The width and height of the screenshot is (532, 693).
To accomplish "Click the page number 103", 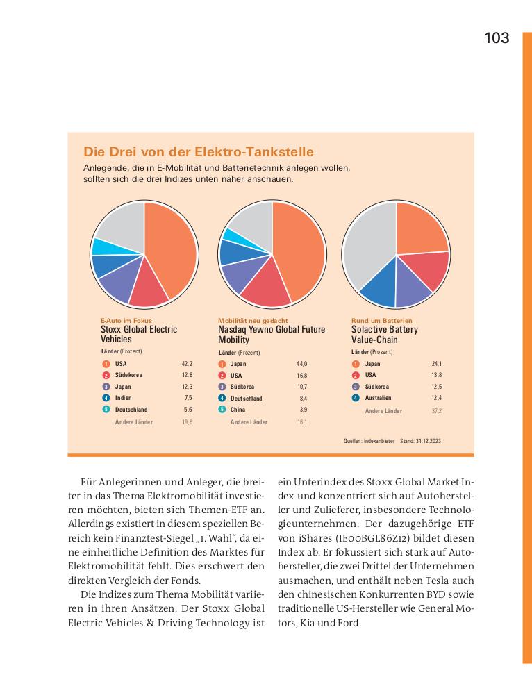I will click(497, 38).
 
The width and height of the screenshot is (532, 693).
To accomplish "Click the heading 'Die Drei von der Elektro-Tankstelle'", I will click(199, 151).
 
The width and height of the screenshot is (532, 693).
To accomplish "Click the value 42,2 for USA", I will click(187, 364).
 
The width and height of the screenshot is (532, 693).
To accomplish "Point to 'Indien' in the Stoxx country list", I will click(124, 398).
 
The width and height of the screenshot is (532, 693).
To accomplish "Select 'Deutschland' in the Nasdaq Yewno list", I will click(246, 399).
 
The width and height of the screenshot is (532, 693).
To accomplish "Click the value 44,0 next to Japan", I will click(301, 364).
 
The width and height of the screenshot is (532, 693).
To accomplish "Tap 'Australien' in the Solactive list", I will click(378, 398).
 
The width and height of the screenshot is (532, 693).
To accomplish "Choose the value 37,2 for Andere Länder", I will click(435, 411).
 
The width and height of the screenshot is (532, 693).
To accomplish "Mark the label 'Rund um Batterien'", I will click(381, 321).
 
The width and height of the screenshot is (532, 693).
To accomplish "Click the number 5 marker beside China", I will click(222, 410).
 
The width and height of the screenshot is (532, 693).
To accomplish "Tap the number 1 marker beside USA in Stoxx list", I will click(106, 364).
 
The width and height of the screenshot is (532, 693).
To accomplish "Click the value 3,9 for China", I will click(303, 410).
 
